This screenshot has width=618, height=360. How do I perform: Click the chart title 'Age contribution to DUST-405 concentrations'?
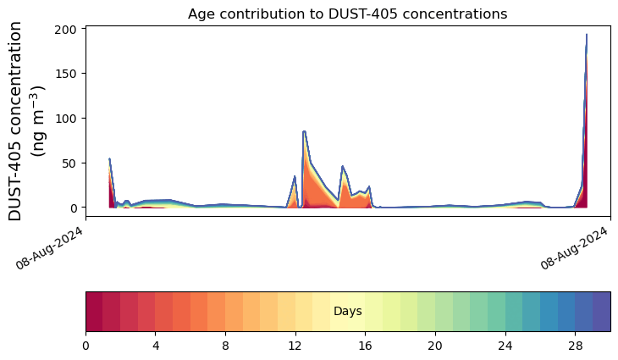(x=347, y=14)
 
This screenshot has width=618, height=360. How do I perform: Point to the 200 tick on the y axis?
(x=67, y=29)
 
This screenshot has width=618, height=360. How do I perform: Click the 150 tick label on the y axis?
(x=67, y=74)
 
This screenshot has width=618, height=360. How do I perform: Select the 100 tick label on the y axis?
(x=67, y=119)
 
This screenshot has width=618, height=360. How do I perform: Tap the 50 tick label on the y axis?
(x=71, y=163)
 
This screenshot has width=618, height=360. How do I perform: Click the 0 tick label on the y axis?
(x=75, y=208)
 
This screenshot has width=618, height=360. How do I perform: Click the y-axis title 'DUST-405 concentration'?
(x=15, y=121)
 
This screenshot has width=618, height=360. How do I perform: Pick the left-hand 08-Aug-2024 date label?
(x=49, y=247)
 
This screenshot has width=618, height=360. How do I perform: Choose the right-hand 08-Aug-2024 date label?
(x=573, y=247)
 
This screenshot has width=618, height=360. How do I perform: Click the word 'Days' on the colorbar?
(x=348, y=311)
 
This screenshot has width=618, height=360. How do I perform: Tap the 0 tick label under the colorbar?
(x=86, y=346)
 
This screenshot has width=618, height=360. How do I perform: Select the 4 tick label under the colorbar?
(x=156, y=346)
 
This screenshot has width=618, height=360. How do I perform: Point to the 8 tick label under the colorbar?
(x=225, y=346)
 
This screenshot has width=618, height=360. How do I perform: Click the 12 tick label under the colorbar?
(x=295, y=346)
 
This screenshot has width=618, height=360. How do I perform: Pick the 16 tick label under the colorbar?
(x=366, y=346)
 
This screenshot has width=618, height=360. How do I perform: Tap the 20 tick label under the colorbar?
(x=435, y=346)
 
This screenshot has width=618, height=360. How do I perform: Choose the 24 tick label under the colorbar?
(x=505, y=346)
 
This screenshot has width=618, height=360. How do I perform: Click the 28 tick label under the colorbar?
(x=576, y=346)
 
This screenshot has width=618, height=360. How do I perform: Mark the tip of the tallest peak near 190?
(x=587, y=35)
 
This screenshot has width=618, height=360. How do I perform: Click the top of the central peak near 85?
(x=304, y=131)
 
